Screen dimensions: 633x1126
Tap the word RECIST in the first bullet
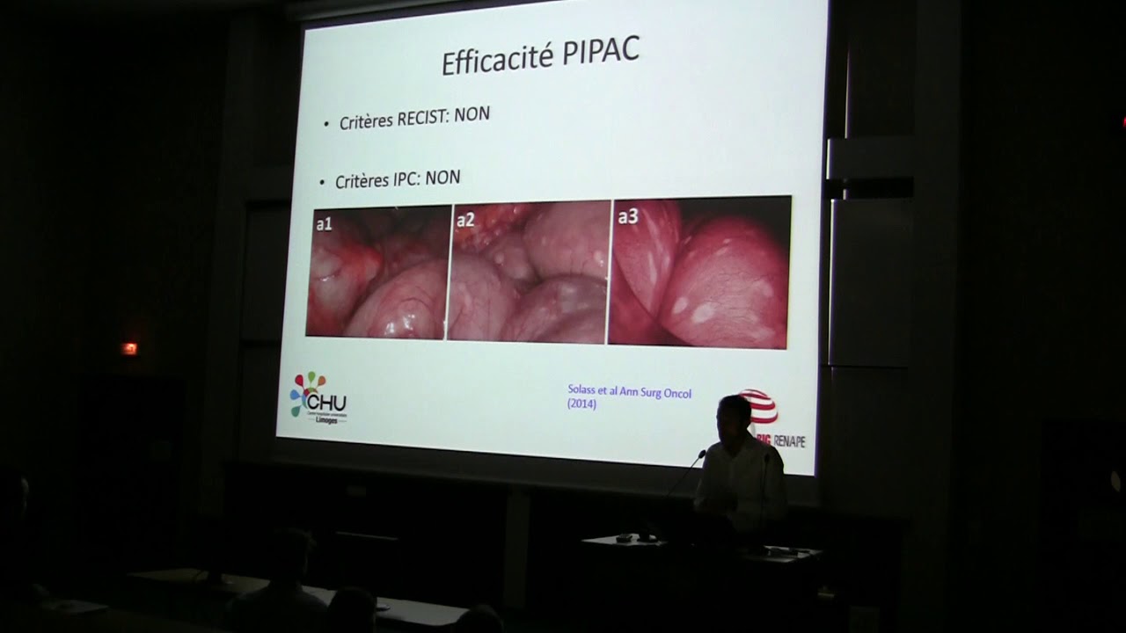coord(424,118)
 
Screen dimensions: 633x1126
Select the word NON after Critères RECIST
coord(472,115)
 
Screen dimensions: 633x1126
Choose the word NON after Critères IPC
coord(442,178)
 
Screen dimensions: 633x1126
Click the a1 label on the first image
coord(324,224)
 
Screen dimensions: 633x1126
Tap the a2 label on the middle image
coord(465,221)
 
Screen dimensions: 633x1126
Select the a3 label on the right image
coord(627,216)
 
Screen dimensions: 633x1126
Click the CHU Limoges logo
coord(318,398)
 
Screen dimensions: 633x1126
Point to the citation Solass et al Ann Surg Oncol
coord(629,393)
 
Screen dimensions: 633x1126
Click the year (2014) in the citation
coord(581,405)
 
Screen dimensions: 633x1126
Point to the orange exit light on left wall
coord(129,348)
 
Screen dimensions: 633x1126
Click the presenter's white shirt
coord(741,484)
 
